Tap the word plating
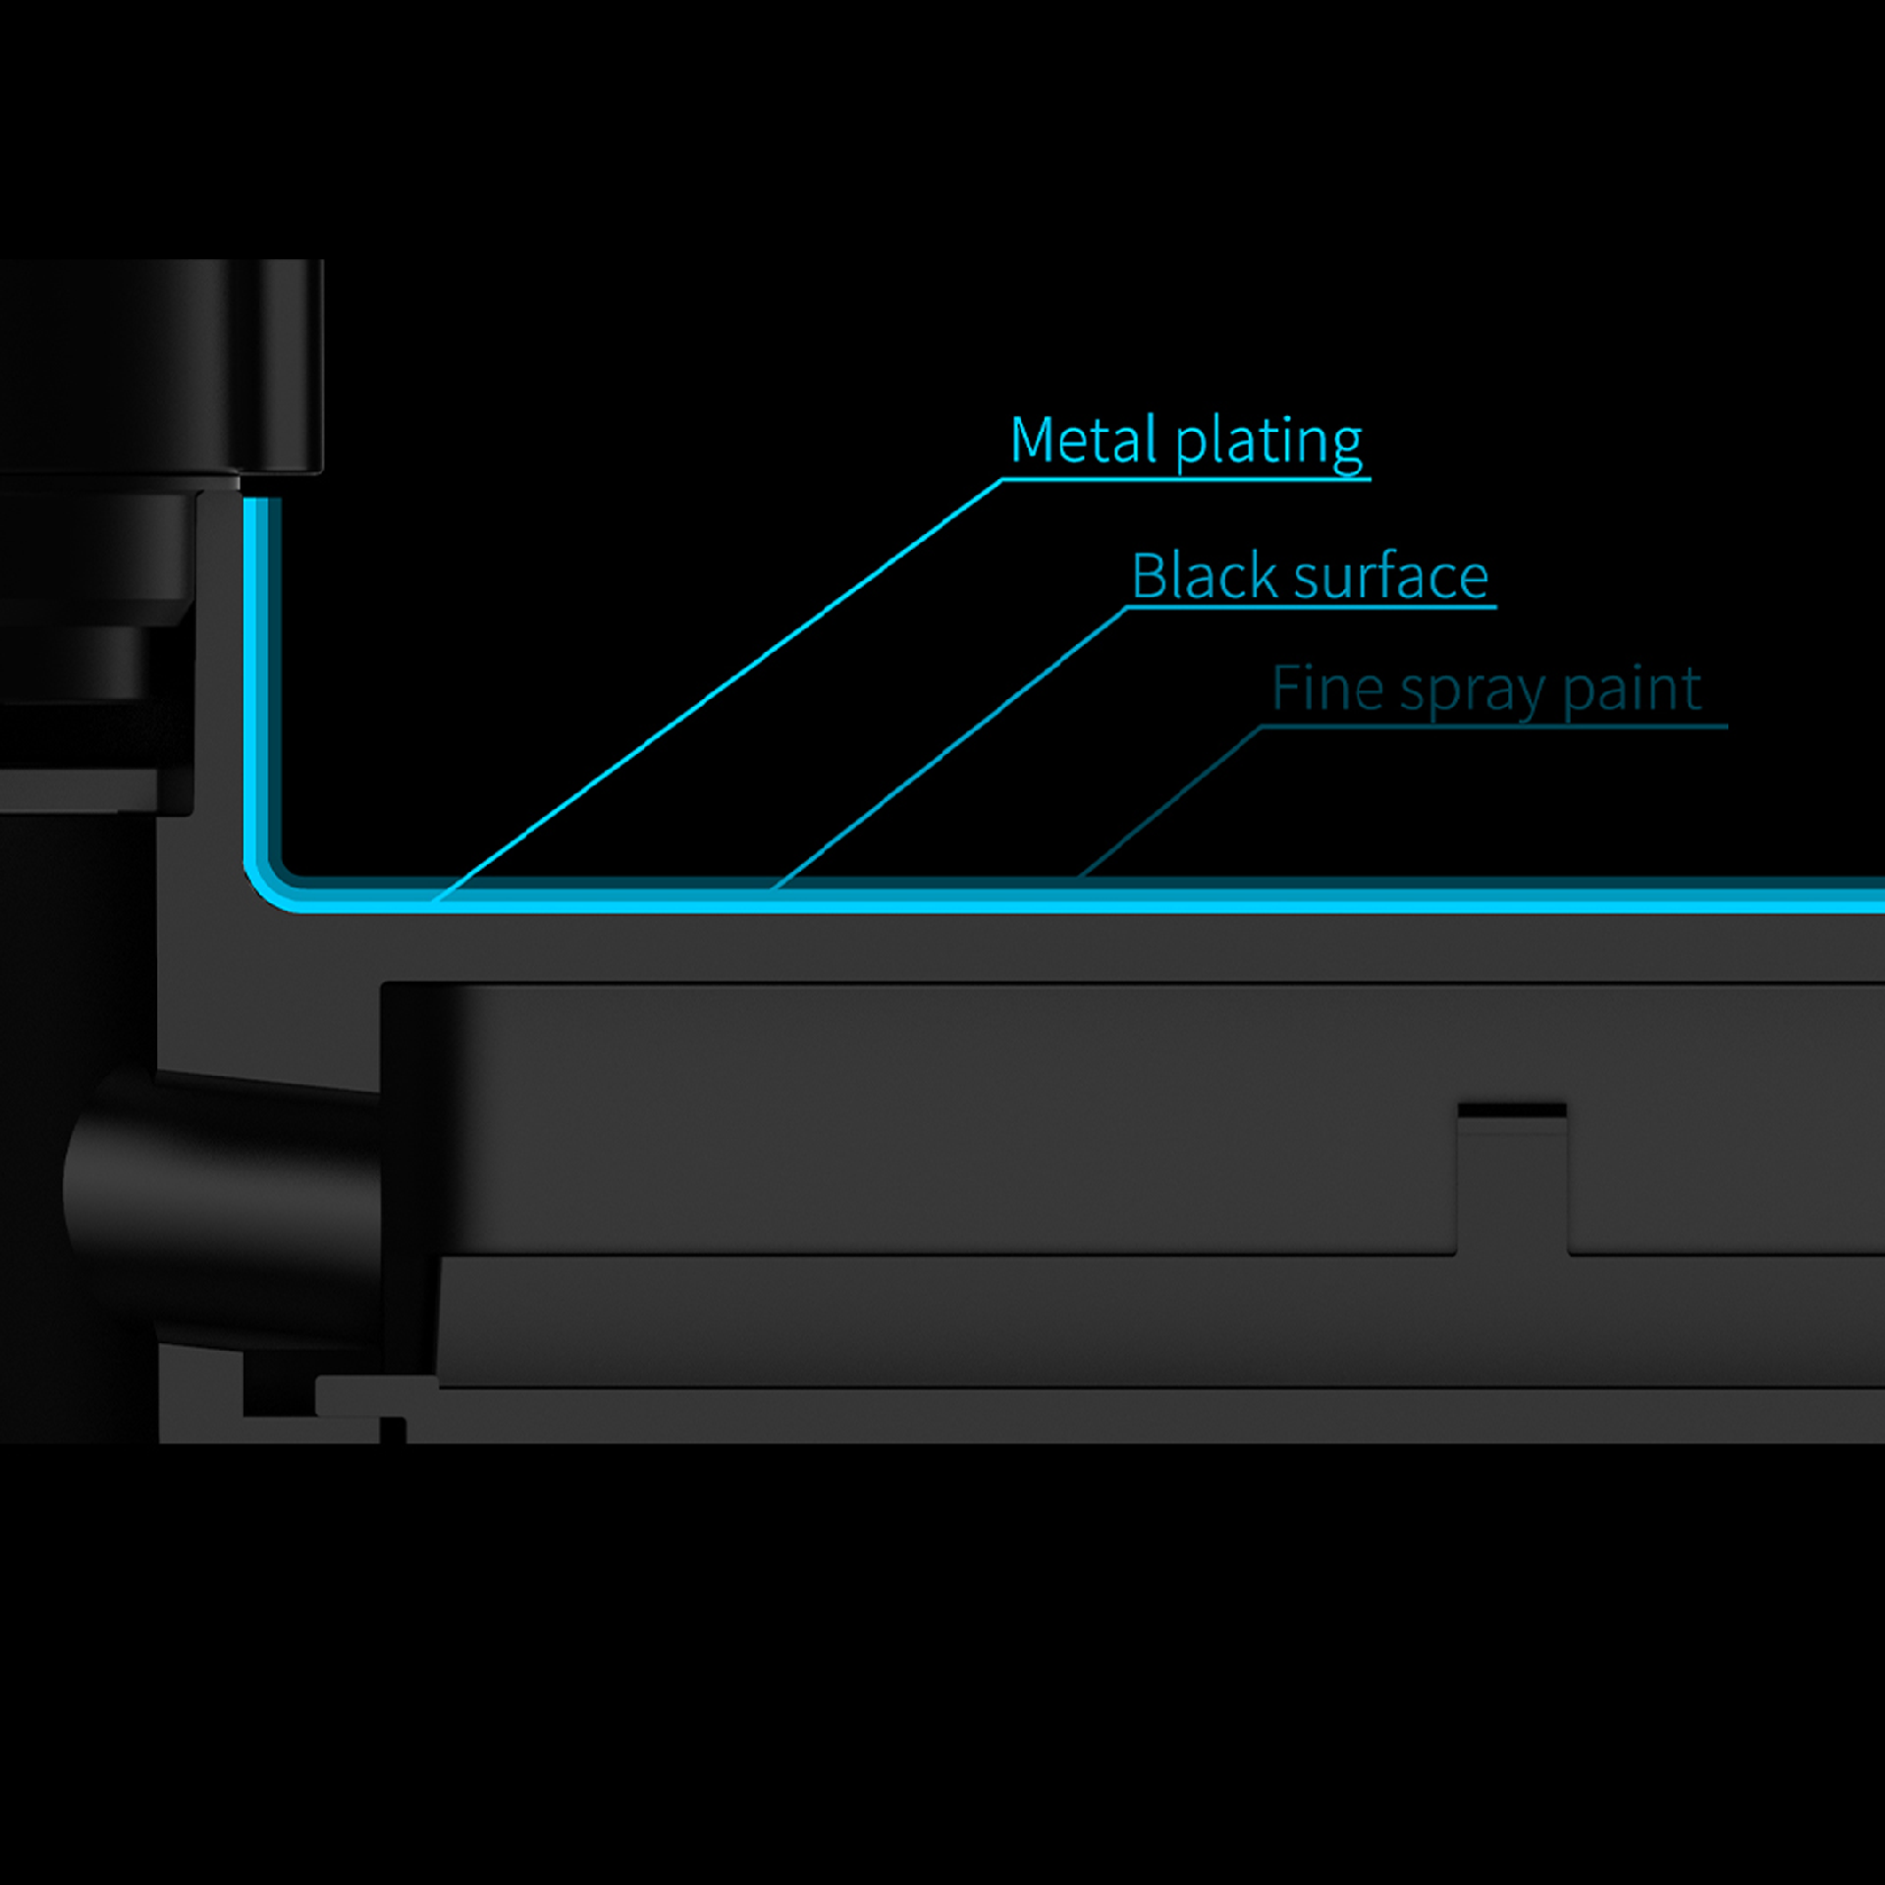tap(1269, 444)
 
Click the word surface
tap(1392, 576)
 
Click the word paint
tap(1633, 690)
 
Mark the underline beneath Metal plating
tap(1186, 479)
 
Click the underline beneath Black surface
tap(1311, 608)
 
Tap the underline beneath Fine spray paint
tap(1493, 727)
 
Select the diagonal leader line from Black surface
tap(949, 748)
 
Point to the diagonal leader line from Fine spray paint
tap(1169, 802)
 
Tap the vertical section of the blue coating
tap(262, 677)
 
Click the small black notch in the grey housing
tap(1512, 1110)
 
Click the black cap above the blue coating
tap(162, 366)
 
